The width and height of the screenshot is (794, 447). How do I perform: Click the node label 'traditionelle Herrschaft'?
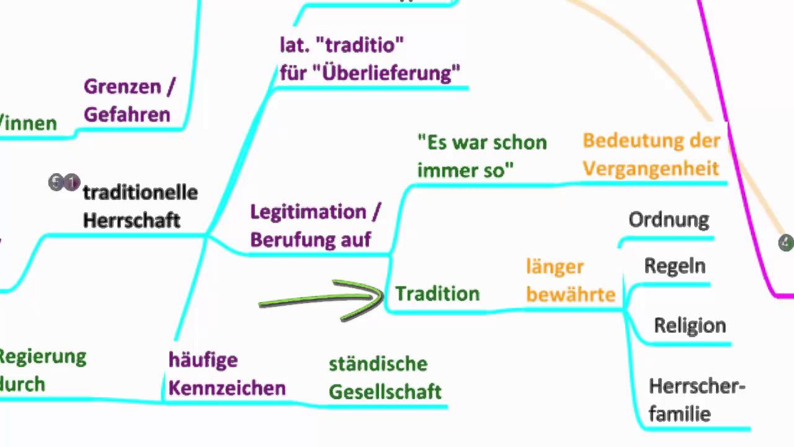(140, 206)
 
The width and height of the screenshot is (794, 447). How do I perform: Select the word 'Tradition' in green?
(437, 294)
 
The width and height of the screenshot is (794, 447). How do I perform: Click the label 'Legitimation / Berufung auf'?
(315, 225)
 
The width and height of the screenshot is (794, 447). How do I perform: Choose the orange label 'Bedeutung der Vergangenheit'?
(651, 154)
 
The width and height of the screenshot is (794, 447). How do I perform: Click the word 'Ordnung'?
(669, 219)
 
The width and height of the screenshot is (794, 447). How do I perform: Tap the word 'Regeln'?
(675, 266)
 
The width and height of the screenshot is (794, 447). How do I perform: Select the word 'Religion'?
(690, 325)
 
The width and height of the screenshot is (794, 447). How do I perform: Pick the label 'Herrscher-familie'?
(696, 400)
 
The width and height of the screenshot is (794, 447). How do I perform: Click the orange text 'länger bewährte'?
(571, 281)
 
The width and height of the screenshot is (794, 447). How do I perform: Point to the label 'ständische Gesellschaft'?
(385, 377)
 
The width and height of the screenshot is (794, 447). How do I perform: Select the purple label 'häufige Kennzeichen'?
(226, 374)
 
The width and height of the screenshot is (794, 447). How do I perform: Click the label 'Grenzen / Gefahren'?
(129, 101)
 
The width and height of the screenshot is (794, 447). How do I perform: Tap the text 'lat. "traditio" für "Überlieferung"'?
(370, 59)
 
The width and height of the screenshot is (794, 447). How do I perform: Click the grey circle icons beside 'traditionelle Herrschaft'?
(64, 183)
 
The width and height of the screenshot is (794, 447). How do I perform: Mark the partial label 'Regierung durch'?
(41, 370)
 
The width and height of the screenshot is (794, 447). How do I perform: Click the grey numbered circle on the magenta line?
(786, 243)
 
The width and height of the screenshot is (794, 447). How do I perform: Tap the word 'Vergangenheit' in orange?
(651, 168)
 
